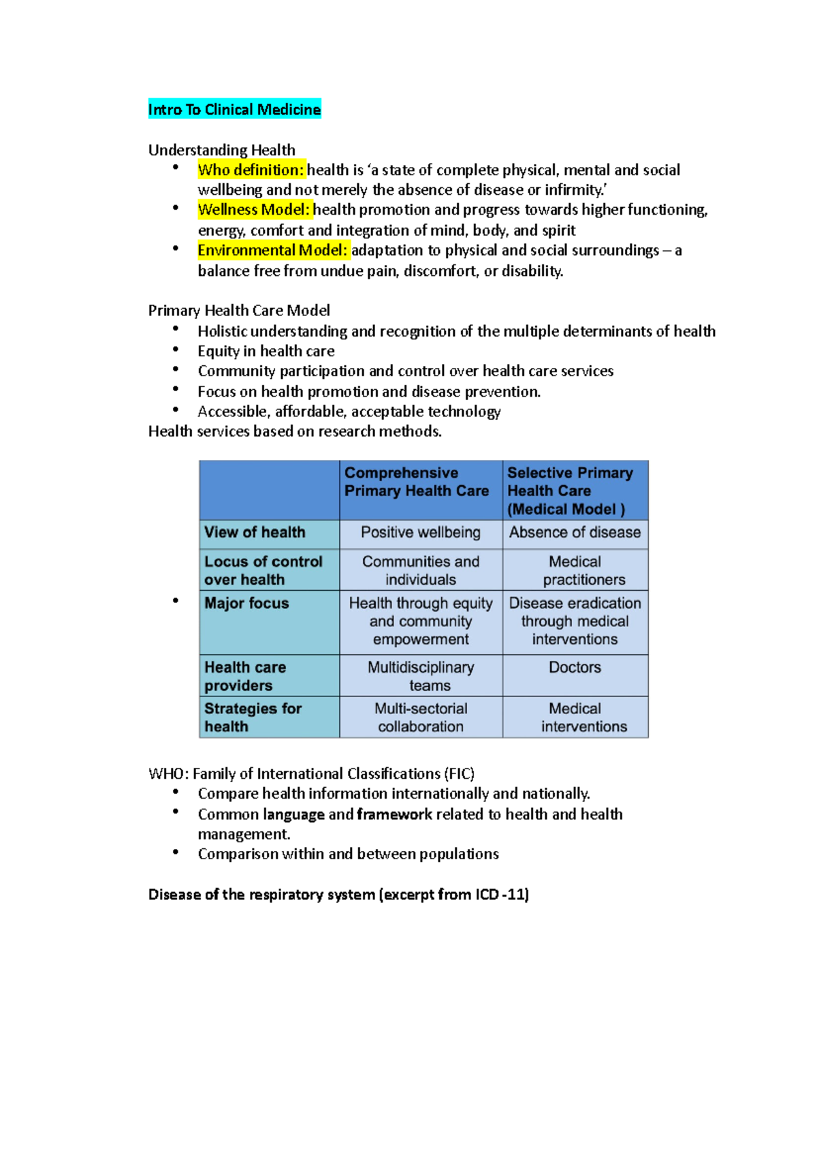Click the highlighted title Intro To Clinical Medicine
point(234,110)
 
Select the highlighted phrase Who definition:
point(251,170)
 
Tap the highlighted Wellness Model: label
point(254,210)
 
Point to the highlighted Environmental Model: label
point(272,250)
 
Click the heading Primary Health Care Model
point(239,311)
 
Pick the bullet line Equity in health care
point(266,351)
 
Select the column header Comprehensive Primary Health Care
point(417,482)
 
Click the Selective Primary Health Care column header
point(570,491)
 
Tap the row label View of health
point(255,532)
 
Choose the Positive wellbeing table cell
point(421,532)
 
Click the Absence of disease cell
point(575,532)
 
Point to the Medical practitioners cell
point(575,570)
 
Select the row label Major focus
point(246,603)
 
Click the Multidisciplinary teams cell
point(421,676)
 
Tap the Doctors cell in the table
point(575,667)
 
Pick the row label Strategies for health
point(252,717)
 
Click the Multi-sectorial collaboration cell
point(421,717)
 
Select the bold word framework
point(394,814)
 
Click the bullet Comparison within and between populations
point(348,854)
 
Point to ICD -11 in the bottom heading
point(502,895)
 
